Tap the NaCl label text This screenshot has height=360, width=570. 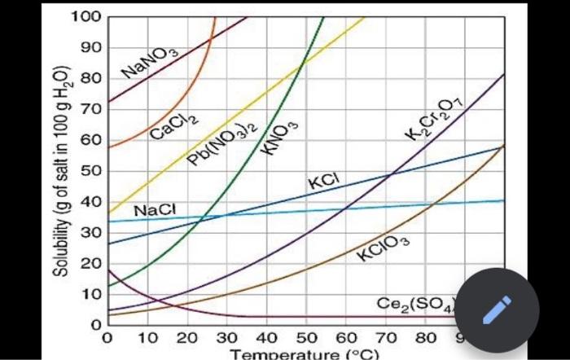click(155, 209)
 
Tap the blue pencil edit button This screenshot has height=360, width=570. click(496, 310)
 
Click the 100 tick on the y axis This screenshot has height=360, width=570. click(85, 16)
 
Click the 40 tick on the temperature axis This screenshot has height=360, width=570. click(265, 338)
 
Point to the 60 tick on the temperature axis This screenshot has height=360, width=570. click(345, 338)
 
